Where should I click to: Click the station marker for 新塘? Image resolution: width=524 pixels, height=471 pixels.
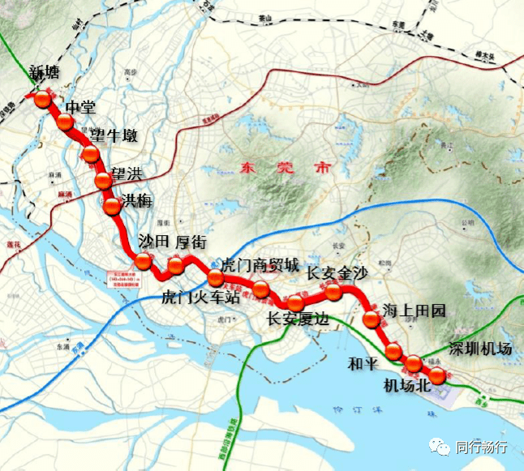point(43,100)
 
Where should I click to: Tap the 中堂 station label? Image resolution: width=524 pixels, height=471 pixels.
point(81,107)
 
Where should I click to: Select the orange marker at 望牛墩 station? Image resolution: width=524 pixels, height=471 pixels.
point(91,154)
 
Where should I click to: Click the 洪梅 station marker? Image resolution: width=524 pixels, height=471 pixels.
point(112,206)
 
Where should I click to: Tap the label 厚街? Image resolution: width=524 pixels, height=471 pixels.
point(191,242)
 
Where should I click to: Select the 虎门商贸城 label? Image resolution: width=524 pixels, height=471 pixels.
point(260,266)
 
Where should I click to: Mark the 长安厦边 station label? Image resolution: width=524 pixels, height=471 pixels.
point(299,319)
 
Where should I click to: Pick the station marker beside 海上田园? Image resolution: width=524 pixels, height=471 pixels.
point(372,319)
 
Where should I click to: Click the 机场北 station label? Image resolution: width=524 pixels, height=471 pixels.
point(406,387)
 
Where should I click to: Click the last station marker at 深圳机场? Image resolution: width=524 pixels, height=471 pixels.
point(437,375)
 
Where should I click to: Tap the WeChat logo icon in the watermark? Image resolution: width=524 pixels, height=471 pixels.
point(441,447)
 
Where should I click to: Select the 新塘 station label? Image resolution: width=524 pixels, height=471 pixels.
point(45,71)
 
